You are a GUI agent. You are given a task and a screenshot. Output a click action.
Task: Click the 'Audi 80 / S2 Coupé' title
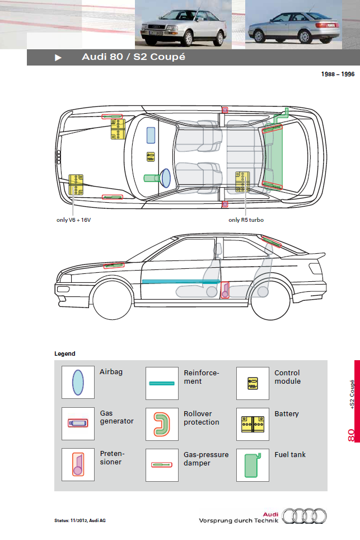[133, 57]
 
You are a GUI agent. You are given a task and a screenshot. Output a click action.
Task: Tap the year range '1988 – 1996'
[338, 74]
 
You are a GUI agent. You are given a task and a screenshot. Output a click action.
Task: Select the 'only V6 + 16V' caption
[73, 220]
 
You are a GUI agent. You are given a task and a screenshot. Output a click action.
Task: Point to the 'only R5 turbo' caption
[246, 220]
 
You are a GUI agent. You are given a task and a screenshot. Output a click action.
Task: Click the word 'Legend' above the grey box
[65, 354]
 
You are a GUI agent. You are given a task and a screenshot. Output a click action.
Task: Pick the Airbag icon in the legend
[78, 383]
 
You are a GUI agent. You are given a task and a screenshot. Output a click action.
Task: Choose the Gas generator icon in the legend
[78, 423]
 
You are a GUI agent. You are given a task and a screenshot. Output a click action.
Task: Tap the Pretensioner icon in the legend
[78, 464]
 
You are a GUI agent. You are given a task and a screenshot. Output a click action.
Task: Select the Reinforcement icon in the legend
[162, 384]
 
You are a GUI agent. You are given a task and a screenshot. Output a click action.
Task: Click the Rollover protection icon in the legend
[162, 423]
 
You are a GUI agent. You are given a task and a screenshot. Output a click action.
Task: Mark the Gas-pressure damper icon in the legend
[162, 464]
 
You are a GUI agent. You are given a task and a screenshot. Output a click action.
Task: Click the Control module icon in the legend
[253, 384]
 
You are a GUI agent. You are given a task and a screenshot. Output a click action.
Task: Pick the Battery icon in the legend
[253, 423]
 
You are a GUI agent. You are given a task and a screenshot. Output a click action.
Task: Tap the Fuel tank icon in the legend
[253, 464]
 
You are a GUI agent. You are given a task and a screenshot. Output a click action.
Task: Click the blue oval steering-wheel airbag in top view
[165, 178]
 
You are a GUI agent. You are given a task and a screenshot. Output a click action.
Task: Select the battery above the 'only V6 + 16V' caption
[76, 184]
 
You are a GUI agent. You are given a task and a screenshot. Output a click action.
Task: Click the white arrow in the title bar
[58, 58]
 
